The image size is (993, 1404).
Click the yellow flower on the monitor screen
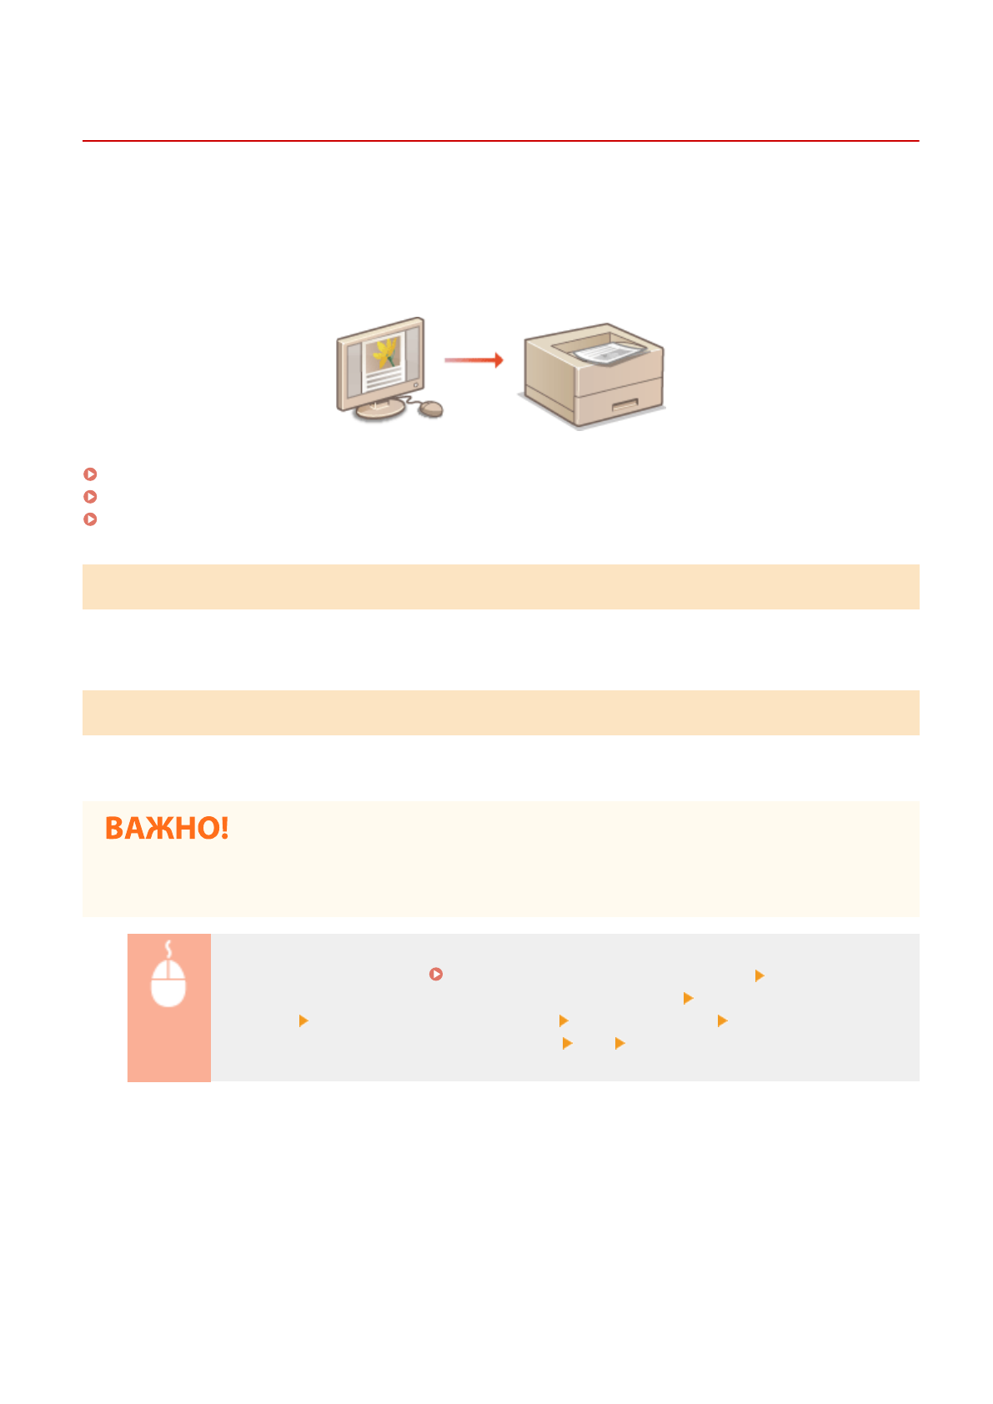click(384, 352)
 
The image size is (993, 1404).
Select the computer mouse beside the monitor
click(430, 409)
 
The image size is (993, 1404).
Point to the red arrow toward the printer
click(473, 360)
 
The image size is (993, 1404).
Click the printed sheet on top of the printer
click(608, 353)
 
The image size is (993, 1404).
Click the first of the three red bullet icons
click(91, 474)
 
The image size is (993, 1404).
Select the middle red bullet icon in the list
click(91, 497)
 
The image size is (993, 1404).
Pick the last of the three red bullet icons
click(91, 519)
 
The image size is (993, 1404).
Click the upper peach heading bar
click(500, 587)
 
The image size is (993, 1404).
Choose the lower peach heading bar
click(500, 713)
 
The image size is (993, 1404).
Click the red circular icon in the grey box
click(435, 974)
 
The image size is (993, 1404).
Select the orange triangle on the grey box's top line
click(759, 975)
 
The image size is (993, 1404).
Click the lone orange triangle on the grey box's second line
click(688, 998)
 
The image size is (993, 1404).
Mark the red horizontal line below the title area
click(500, 141)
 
